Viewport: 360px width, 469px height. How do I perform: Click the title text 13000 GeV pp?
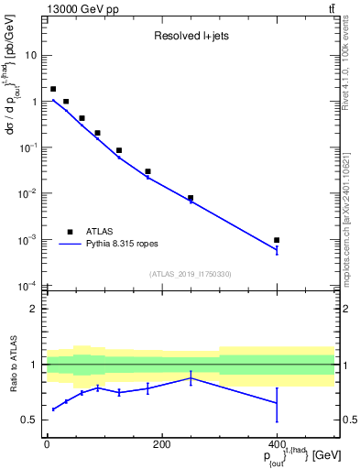(80, 8)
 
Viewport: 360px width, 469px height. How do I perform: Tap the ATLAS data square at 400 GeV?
(277, 240)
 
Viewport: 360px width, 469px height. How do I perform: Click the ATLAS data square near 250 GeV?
(191, 198)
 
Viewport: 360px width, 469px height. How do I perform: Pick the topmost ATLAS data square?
(53, 90)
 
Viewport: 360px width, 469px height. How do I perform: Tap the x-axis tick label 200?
(161, 445)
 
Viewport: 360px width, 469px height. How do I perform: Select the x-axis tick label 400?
(277, 445)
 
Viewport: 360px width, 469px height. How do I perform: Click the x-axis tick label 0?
(47, 445)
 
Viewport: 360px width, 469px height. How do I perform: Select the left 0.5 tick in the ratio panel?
(29, 420)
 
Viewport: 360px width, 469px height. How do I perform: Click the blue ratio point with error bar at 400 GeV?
(277, 403)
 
